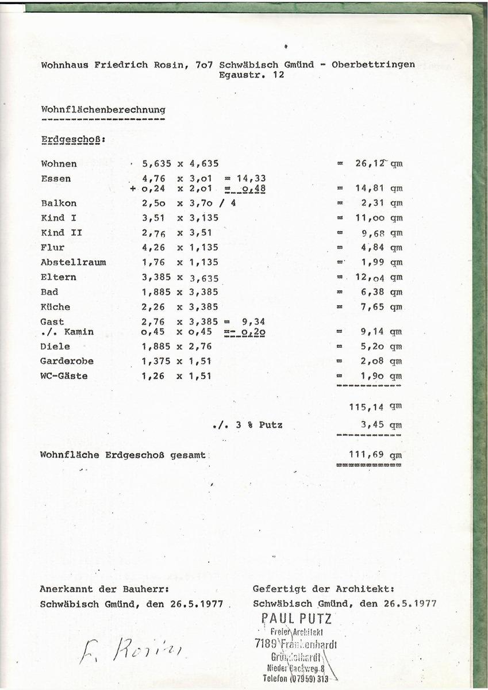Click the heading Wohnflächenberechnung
point(103,109)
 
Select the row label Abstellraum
point(73,262)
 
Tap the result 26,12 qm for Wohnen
point(379,164)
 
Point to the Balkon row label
point(58,203)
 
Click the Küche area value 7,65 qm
point(379,307)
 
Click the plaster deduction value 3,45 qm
point(379,425)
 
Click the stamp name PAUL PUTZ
point(297,619)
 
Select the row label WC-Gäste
point(64,376)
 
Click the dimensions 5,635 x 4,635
point(180,164)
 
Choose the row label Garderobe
point(67,361)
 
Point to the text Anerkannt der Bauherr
point(104,589)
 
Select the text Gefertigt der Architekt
point(324,589)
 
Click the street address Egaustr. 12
point(251,75)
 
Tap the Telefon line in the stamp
point(297,678)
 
